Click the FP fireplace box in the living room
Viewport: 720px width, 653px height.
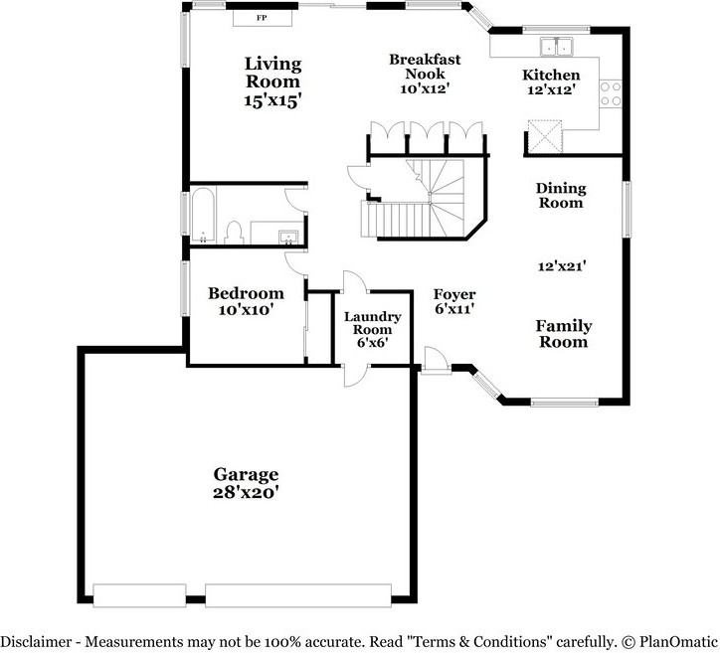coord(262,18)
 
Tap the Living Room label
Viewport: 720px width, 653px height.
coord(273,73)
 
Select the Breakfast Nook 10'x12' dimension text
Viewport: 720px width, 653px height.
coord(425,87)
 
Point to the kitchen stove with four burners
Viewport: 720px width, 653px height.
coord(610,93)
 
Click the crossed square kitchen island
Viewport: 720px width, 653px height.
coord(544,135)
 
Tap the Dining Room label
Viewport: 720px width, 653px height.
coord(561,195)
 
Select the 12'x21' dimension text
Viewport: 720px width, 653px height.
coord(561,265)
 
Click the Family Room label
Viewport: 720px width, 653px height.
coord(563,333)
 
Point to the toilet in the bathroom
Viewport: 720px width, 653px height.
coord(235,233)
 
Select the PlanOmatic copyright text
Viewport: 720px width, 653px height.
coord(666,641)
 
